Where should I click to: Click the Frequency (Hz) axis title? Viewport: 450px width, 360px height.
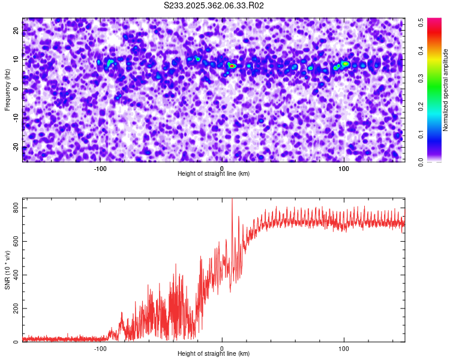click(8, 90)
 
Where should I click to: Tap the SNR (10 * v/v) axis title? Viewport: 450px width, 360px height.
click(8, 270)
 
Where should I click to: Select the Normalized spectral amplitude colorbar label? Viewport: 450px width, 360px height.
click(446, 90)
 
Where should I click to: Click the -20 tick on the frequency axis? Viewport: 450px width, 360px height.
click(16, 147)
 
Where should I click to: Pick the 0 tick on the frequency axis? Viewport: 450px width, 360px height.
click(16, 89)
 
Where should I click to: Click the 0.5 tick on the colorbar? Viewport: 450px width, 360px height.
click(421, 21)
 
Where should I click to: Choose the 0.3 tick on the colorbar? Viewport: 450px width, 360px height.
click(421, 78)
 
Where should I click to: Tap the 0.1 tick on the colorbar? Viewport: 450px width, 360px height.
click(421, 134)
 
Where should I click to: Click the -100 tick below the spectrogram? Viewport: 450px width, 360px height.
click(100, 169)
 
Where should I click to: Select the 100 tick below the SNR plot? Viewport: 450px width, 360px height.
click(344, 349)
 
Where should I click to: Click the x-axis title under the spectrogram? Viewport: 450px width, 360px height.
click(214, 174)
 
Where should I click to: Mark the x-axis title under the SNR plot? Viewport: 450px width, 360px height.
click(214, 354)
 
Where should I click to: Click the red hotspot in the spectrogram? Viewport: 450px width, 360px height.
click(232, 65)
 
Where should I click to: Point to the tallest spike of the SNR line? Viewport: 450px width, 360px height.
click(232, 200)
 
